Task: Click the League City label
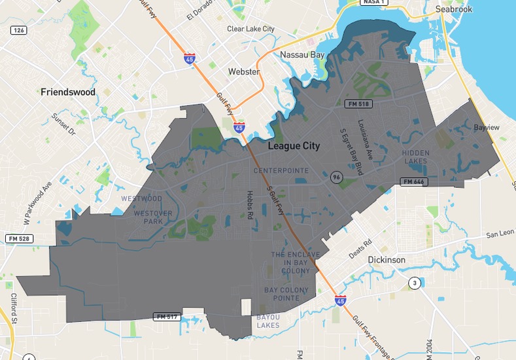(294, 146)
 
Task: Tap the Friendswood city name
(68, 92)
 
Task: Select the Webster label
(244, 71)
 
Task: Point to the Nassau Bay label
(303, 55)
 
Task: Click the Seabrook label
(454, 9)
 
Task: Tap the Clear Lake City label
(250, 29)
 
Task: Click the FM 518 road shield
(358, 104)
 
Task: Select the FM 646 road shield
(414, 181)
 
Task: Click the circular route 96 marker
(336, 177)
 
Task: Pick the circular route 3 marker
(414, 283)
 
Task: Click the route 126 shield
(18, 30)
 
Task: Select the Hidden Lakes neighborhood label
(416, 157)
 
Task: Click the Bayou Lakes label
(268, 321)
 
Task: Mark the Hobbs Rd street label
(250, 205)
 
